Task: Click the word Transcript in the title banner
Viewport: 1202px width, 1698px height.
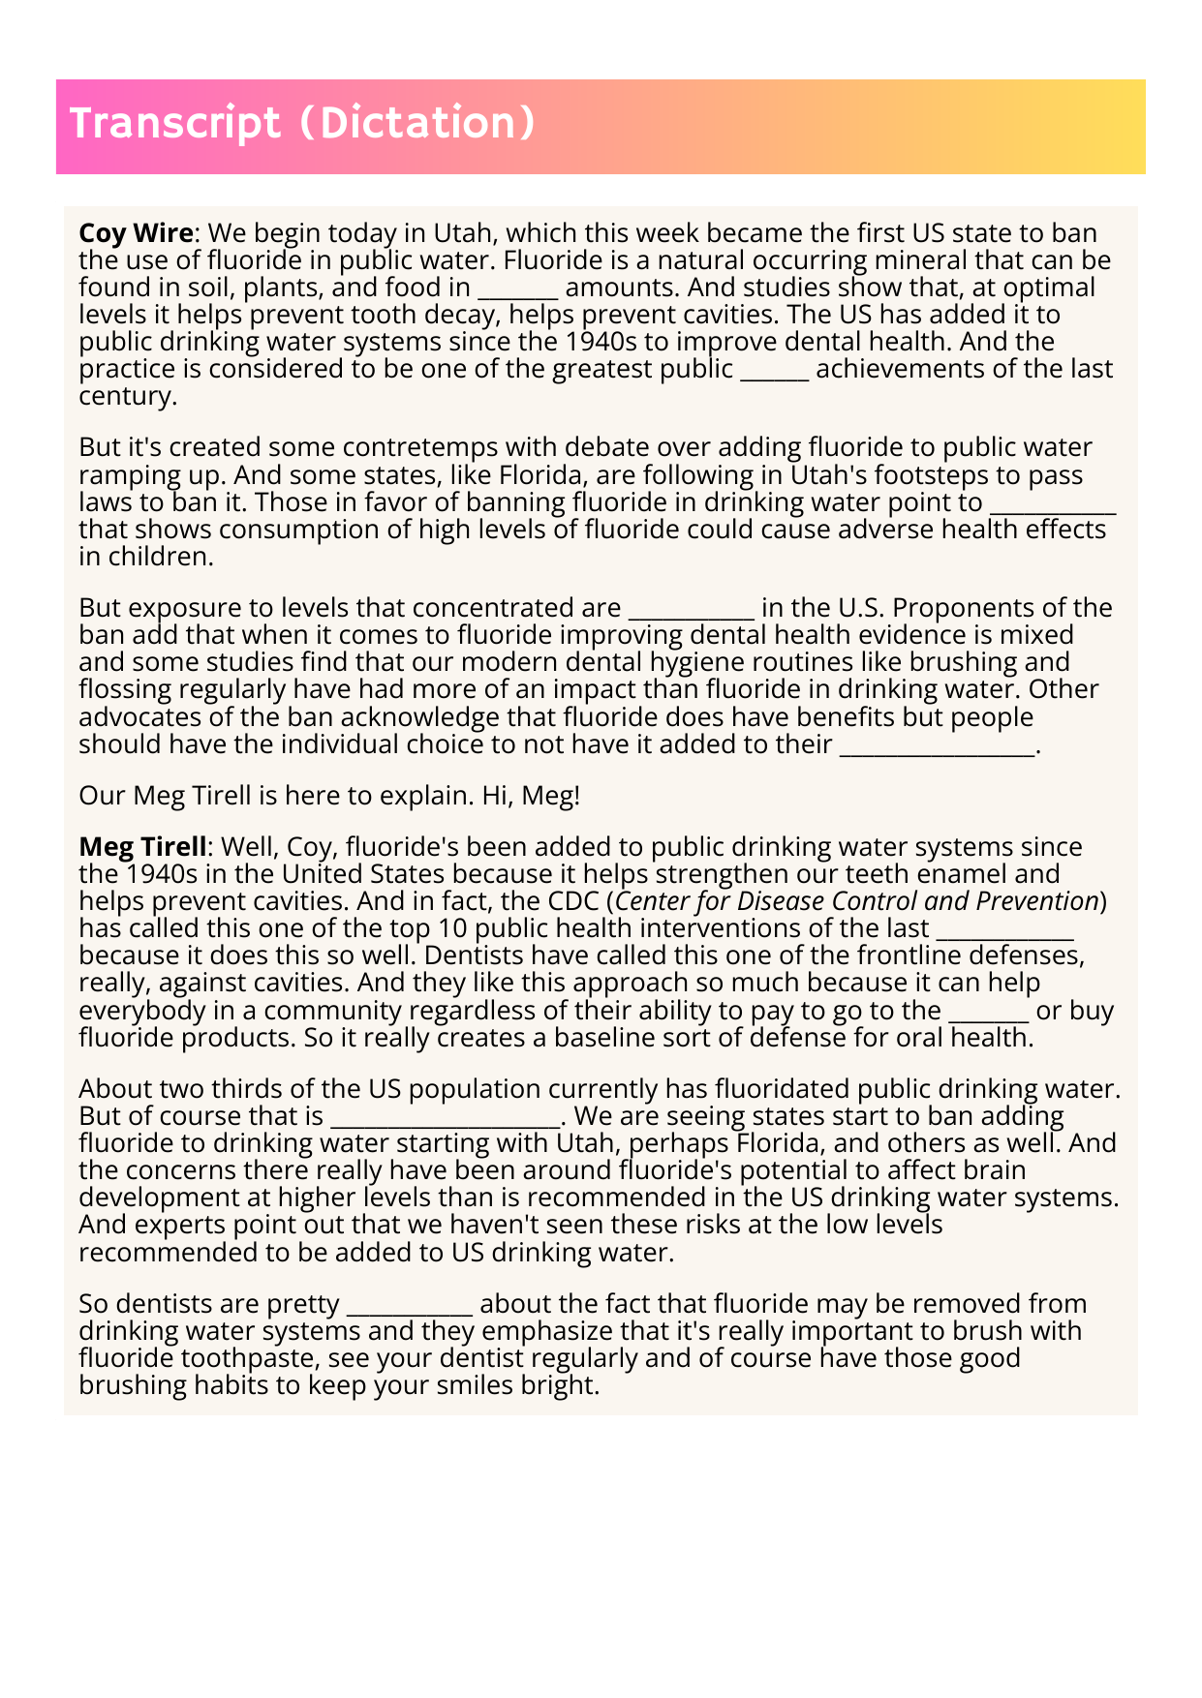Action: (x=174, y=124)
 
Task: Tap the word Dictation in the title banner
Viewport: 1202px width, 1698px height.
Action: (x=417, y=124)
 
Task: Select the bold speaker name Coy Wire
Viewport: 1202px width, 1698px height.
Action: (x=136, y=233)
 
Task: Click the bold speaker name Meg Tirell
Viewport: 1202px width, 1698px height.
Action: (x=142, y=847)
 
